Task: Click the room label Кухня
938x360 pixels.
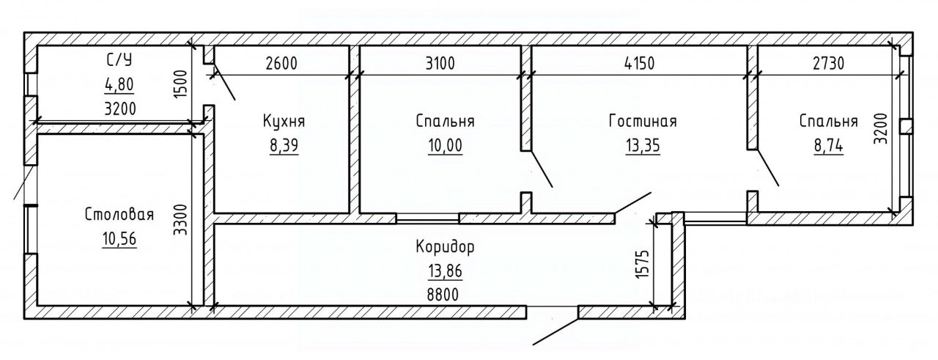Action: [283, 122]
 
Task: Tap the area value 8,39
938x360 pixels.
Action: [283, 146]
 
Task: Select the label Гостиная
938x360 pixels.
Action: [642, 122]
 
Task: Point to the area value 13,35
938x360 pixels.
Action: [642, 146]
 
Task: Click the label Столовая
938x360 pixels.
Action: [119, 215]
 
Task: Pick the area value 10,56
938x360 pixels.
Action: [119, 239]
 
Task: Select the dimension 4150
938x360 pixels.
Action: [639, 63]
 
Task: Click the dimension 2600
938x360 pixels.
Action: [281, 63]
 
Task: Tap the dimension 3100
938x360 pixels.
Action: [440, 63]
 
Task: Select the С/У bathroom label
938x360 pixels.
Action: [118, 60]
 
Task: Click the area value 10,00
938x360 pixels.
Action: [446, 146]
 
